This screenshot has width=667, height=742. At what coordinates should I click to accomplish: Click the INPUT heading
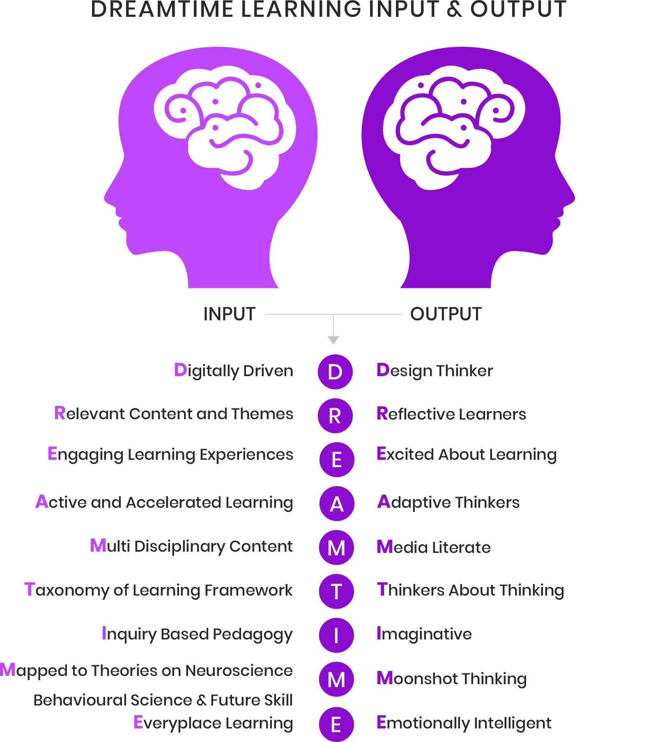click(229, 314)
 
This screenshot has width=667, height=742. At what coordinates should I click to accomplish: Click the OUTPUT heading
click(446, 314)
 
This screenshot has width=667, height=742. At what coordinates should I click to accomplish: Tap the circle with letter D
click(335, 372)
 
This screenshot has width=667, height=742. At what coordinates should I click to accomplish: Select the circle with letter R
click(335, 416)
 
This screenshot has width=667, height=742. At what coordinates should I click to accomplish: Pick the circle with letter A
click(337, 504)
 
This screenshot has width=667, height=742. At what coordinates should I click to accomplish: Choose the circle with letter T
click(336, 591)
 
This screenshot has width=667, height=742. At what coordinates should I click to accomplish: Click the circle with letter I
click(336, 635)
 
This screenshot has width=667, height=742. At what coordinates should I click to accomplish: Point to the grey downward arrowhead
click(333, 340)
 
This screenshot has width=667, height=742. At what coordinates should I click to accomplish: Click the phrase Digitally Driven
click(233, 371)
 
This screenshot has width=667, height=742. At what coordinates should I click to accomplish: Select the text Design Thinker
click(435, 371)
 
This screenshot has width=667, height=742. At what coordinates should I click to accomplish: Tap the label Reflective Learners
click(451, 414)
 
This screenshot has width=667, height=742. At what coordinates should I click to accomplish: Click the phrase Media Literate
click(433, 547)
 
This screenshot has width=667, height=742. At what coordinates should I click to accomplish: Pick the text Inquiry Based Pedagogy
click(197, 634)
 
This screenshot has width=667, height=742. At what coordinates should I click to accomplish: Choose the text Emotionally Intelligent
click(464, 723)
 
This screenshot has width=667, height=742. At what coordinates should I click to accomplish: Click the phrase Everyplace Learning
click(213, 723)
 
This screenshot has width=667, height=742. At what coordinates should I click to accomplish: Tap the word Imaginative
click(424, 634)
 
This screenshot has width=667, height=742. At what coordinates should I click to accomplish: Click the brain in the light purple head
click(224, 127)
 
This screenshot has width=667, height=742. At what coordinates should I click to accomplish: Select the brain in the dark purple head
click(454, 127)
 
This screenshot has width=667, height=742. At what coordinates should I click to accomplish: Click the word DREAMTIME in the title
click(162, 9)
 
